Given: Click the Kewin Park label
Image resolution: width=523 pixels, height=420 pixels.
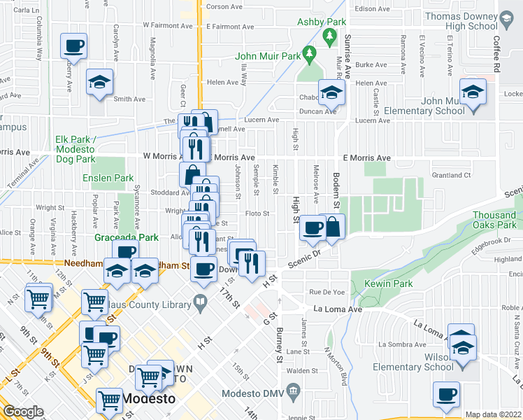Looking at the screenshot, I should coord(392,283).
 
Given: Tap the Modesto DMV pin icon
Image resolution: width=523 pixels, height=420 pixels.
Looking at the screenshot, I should coord(294,390).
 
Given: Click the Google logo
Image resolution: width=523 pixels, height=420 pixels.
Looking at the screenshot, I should coord(23,411).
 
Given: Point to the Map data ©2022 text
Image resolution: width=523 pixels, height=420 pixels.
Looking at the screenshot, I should coord(493,414).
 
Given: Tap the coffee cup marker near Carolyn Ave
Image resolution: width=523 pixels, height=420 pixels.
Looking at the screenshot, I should coord(73,47).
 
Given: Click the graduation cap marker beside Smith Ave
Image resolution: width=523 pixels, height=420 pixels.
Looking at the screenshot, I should coord(99,82).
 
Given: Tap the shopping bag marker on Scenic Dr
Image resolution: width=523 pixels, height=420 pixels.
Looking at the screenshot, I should coord(333,227).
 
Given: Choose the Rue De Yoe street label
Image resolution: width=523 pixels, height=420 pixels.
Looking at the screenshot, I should coord(324,292).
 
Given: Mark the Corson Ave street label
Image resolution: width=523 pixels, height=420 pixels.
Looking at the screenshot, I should coord(224,7).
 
